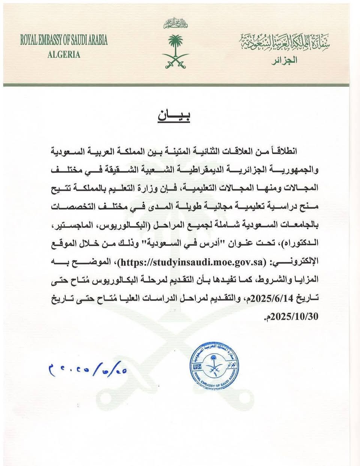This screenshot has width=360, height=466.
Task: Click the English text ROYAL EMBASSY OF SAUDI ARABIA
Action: (64, 40)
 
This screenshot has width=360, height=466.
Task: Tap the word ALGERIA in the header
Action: (64, 54)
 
